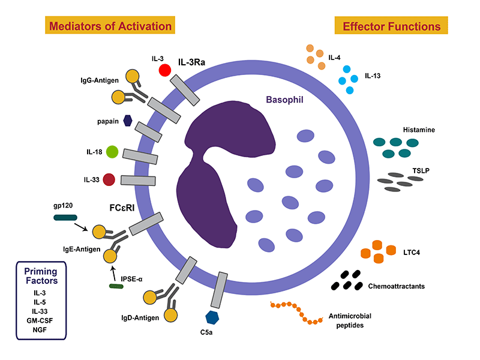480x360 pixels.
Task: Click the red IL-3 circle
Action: coord(164,70)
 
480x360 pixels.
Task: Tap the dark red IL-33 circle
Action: coord(109,179)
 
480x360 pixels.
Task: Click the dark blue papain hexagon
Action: coord(128,120)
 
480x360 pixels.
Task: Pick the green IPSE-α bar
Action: coord(116,287)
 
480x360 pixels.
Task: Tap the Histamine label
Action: coord(418,130)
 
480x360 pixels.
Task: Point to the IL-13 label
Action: coord(373,76)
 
